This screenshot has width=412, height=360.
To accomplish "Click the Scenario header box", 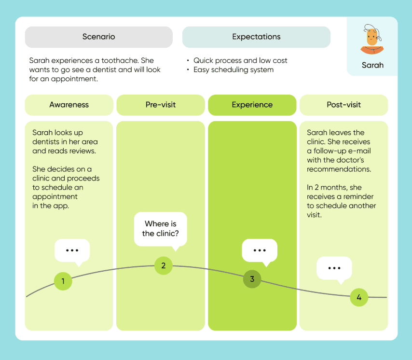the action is (99, 37).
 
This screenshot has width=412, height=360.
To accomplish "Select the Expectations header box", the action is (256, 37).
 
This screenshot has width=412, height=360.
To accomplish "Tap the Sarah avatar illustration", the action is (372, 39).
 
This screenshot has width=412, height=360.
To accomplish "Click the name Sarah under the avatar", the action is (372, 65).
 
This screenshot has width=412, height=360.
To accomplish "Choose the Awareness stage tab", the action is (69, 105).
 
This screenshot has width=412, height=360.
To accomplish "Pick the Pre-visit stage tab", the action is (161, 105).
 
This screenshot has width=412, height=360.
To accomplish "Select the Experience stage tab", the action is (252, 105).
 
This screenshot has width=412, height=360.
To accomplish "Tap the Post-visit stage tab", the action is (343, 105).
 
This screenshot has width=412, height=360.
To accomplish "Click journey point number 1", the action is (63, 281).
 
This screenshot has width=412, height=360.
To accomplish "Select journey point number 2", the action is (164, 266).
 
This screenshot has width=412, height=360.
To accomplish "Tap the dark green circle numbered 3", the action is (252, 279).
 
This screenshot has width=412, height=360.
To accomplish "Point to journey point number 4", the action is (359, 297).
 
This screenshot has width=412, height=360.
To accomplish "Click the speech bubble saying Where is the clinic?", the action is (161, 229).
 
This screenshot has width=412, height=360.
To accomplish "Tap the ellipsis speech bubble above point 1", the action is (72, 250).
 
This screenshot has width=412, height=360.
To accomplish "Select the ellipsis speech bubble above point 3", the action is (260, 250).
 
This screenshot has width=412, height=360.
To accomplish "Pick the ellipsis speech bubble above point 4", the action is (334, 268).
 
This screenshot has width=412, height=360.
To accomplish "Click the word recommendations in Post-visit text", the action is (339, 169).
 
